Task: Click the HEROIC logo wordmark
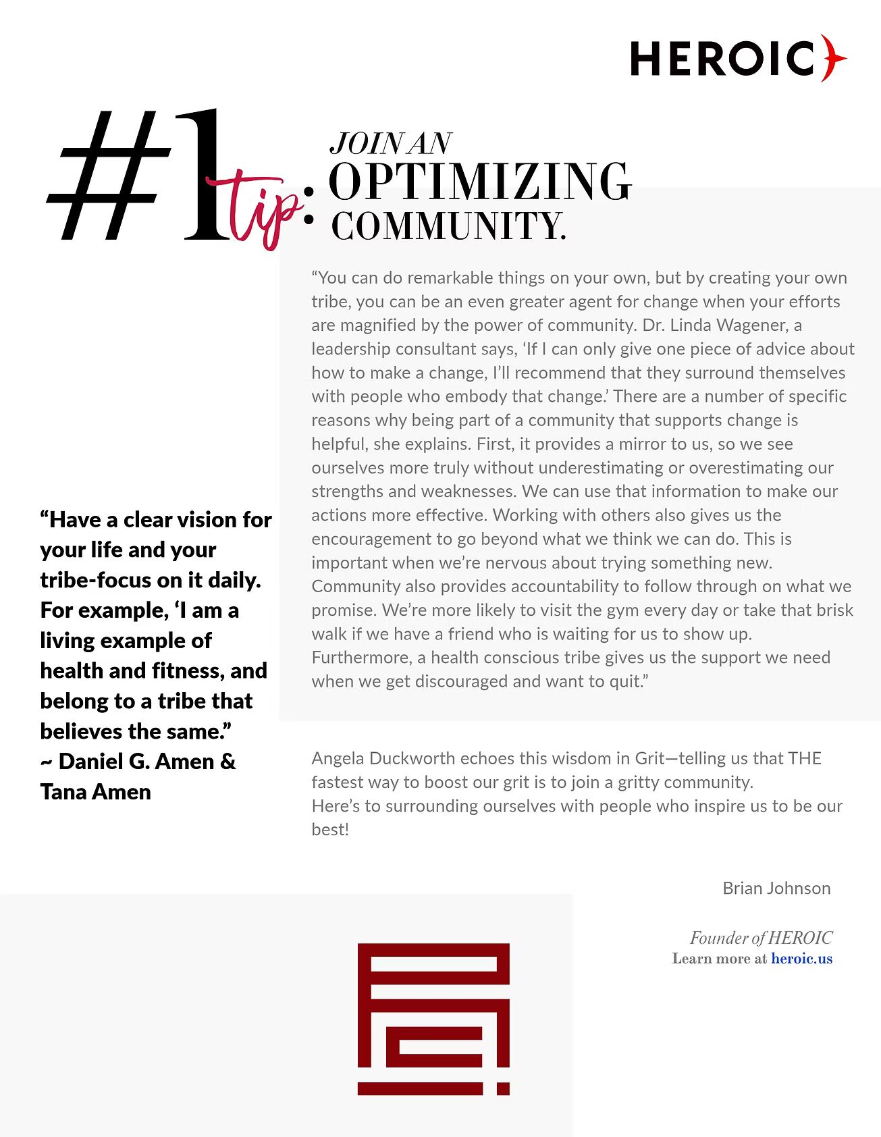pyautogui.click(x=722, y=59)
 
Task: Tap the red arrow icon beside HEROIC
pyautogui.click(x=833, y=58)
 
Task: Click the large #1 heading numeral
pyautogui.click(x=135, y=177)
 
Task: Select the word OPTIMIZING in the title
pyautogui.click(x=479, y=182)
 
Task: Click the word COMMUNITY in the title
pyautogui.click(x=447, y=226)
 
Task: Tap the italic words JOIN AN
pyautogui.click(x=390, y=143)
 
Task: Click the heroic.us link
pyautogui.click(x=801, y=959)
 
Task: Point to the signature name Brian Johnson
pyautogui.click(x=776, y=889)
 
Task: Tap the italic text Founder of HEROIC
pyautogui.click(x=761, y=938)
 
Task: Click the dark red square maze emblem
pyautogui.click(x=433, y=1018)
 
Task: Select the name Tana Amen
pyautogui.click(x=95, y=791)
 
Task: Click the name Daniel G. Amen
pyautogui.click(x=136, y=762)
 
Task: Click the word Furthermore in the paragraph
pyautogui.click(x=362, y=658)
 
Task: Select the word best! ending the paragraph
pyautogui.click(x=330, y=830)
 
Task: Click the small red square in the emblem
pyautogui.click(x=503, y=1088)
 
